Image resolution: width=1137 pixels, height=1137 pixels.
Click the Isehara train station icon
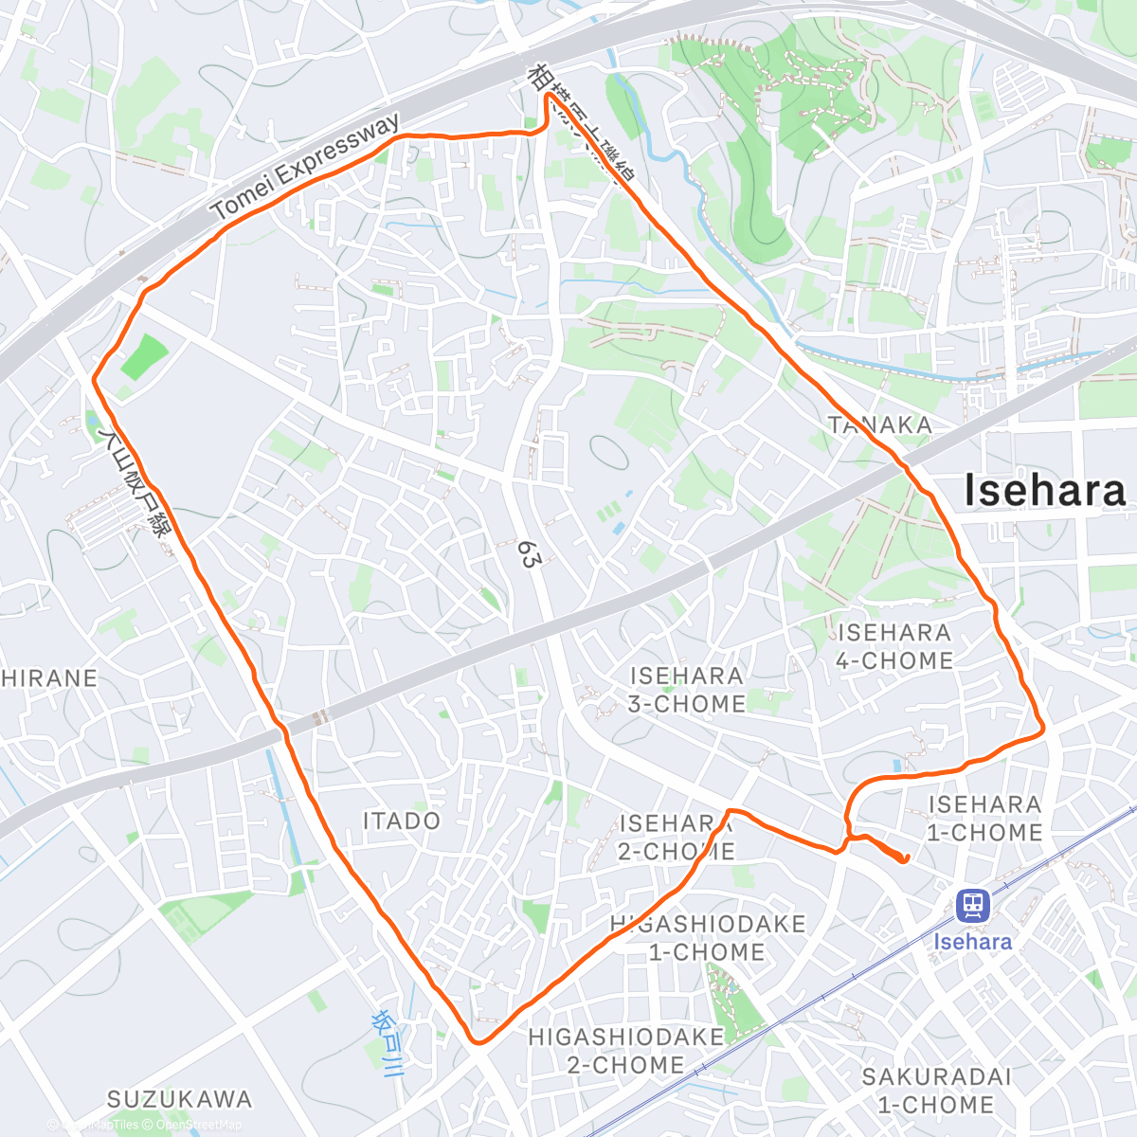pos(972,905)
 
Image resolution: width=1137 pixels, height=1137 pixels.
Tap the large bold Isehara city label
pos(1044,491)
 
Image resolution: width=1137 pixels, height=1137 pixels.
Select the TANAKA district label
pos(880,425)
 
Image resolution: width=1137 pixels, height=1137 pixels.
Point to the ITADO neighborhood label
pos(402,821)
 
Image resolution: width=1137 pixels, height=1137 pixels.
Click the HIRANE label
pos(49,678)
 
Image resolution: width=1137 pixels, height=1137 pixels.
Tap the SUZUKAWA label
pos(179,1100)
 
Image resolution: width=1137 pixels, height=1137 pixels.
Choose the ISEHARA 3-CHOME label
pos(687,690)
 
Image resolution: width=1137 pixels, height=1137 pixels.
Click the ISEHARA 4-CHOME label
pos(893,646)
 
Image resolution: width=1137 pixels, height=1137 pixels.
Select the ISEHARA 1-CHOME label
pos(984,819)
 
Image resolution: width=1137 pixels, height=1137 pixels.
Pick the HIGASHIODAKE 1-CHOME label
pos(707,938)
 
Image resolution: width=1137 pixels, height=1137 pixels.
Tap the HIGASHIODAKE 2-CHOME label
pos(625,1051)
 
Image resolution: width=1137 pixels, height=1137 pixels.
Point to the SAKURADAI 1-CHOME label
pos(936,1091)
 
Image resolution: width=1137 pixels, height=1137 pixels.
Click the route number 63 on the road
pos(528,554)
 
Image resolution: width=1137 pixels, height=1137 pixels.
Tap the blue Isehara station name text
pos(972,942)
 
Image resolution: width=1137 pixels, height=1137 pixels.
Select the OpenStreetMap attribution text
pos(198,1125)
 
